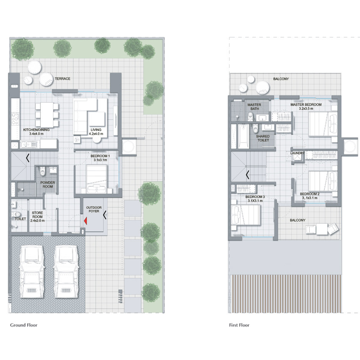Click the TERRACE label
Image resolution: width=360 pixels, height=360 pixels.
(x=63, y=79)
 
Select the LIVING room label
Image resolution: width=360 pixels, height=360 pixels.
(x=96, y=131)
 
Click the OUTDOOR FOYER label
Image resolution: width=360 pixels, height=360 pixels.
(x=94, y=210)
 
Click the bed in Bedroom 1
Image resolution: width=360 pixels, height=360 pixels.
(x=96, y=177)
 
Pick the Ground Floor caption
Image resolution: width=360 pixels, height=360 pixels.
(x=24, y=324)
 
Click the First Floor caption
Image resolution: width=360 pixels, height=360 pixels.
(x=238, y=324)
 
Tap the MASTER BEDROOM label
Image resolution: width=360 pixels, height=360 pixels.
(x=306, y=107)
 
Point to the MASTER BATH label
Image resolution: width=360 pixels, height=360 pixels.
(x=254, y=107)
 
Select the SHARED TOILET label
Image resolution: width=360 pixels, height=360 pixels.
(x=263, y=138)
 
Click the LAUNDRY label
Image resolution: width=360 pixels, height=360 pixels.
(x=297, y=153)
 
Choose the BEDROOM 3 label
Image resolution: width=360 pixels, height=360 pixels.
(x=255, y=198)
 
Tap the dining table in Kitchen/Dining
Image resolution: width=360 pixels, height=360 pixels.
(x=47, y=114)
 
